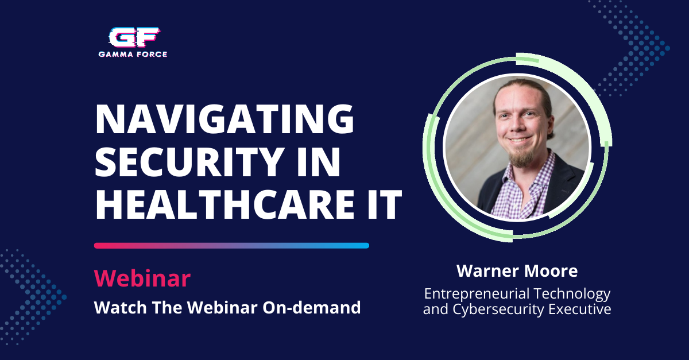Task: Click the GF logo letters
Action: click(x=134, y=37)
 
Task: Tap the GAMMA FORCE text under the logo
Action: click(x=133, y=55)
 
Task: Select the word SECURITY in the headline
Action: click(x=189, y=161)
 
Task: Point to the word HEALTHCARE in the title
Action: click(x=225, y=204)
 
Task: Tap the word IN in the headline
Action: click(x=320, y=161)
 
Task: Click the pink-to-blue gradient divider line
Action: click(x=231, y=246)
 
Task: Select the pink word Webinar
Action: click(x=142, y=278)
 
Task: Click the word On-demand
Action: click(x=312, y=307)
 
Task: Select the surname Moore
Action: click(x=551, y=271)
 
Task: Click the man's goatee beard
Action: click(x=521, y=157)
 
